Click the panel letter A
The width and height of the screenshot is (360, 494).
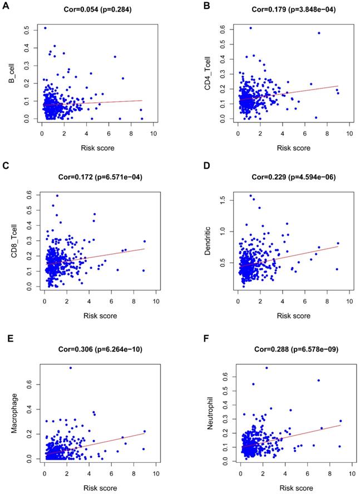tap(4, 7)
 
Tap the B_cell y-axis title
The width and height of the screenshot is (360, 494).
tap(11, 73)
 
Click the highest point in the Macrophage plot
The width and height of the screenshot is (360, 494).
tap(70, 368)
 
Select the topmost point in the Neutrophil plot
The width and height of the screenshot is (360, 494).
tap(267, 368)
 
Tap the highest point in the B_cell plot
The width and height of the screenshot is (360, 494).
tap(45, 28)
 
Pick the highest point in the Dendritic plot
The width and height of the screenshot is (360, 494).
tap(250, 195)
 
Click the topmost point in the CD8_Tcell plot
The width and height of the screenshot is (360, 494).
tap(57, 195)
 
